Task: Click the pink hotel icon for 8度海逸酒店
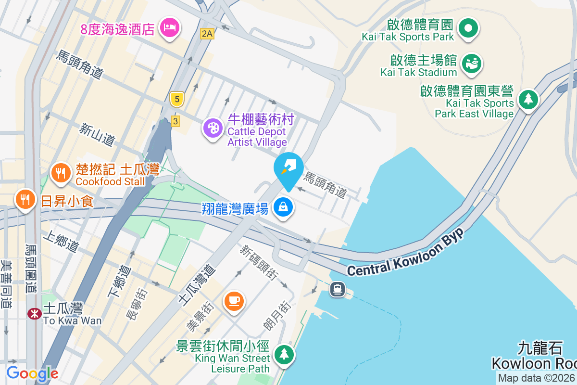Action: (170, 28)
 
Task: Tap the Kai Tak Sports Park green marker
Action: (467, 28)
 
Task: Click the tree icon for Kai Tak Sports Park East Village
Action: (528, 100)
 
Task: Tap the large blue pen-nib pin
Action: (288, 168)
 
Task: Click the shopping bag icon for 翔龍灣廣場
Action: (284, 207)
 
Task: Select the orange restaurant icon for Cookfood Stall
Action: (61, 173)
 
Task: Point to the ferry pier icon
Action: (338, 289)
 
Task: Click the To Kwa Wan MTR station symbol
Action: (34, 314)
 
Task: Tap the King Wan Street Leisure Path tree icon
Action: (284, 355)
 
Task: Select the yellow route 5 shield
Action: (177, 100)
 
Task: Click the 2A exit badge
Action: (207, 33)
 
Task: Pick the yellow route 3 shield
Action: (176, 121)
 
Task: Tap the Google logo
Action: (32, 373)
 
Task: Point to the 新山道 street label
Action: (98, 135)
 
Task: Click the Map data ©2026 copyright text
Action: (536, 378)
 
